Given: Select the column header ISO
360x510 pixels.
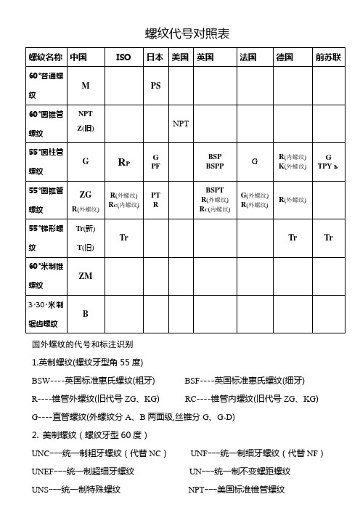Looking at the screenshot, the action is (x=124, y=56).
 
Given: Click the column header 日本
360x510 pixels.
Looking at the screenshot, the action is (x=155, y=56).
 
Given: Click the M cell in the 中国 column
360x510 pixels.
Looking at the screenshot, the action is (x=86, y=85).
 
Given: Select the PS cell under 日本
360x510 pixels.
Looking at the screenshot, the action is (x=155, y=85).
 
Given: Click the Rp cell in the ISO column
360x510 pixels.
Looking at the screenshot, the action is (x=124, y=162).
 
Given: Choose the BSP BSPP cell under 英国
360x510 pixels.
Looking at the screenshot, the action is (x=215, y=161).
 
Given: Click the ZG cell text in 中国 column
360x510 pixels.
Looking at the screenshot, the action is (x=85, y=194).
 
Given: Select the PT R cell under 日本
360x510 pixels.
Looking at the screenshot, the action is (x=155, y=200).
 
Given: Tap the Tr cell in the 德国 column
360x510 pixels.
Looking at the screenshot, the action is (x=292, y=237).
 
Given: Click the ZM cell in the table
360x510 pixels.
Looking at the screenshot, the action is (x=86, y=277).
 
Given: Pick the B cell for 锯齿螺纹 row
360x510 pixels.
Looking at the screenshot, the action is (x=86, y=314).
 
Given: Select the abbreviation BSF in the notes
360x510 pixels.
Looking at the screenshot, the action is (x=195, y=380).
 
